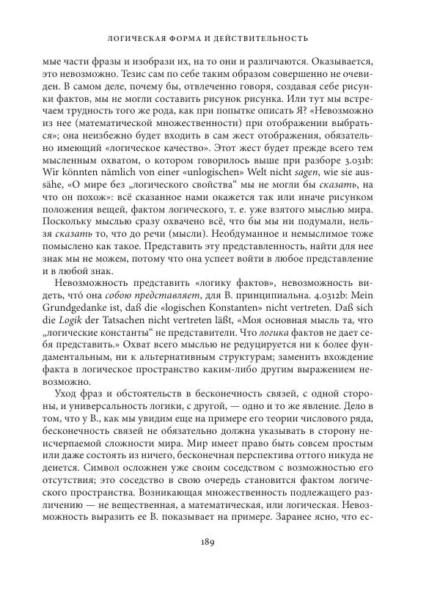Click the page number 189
pos(219,583)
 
